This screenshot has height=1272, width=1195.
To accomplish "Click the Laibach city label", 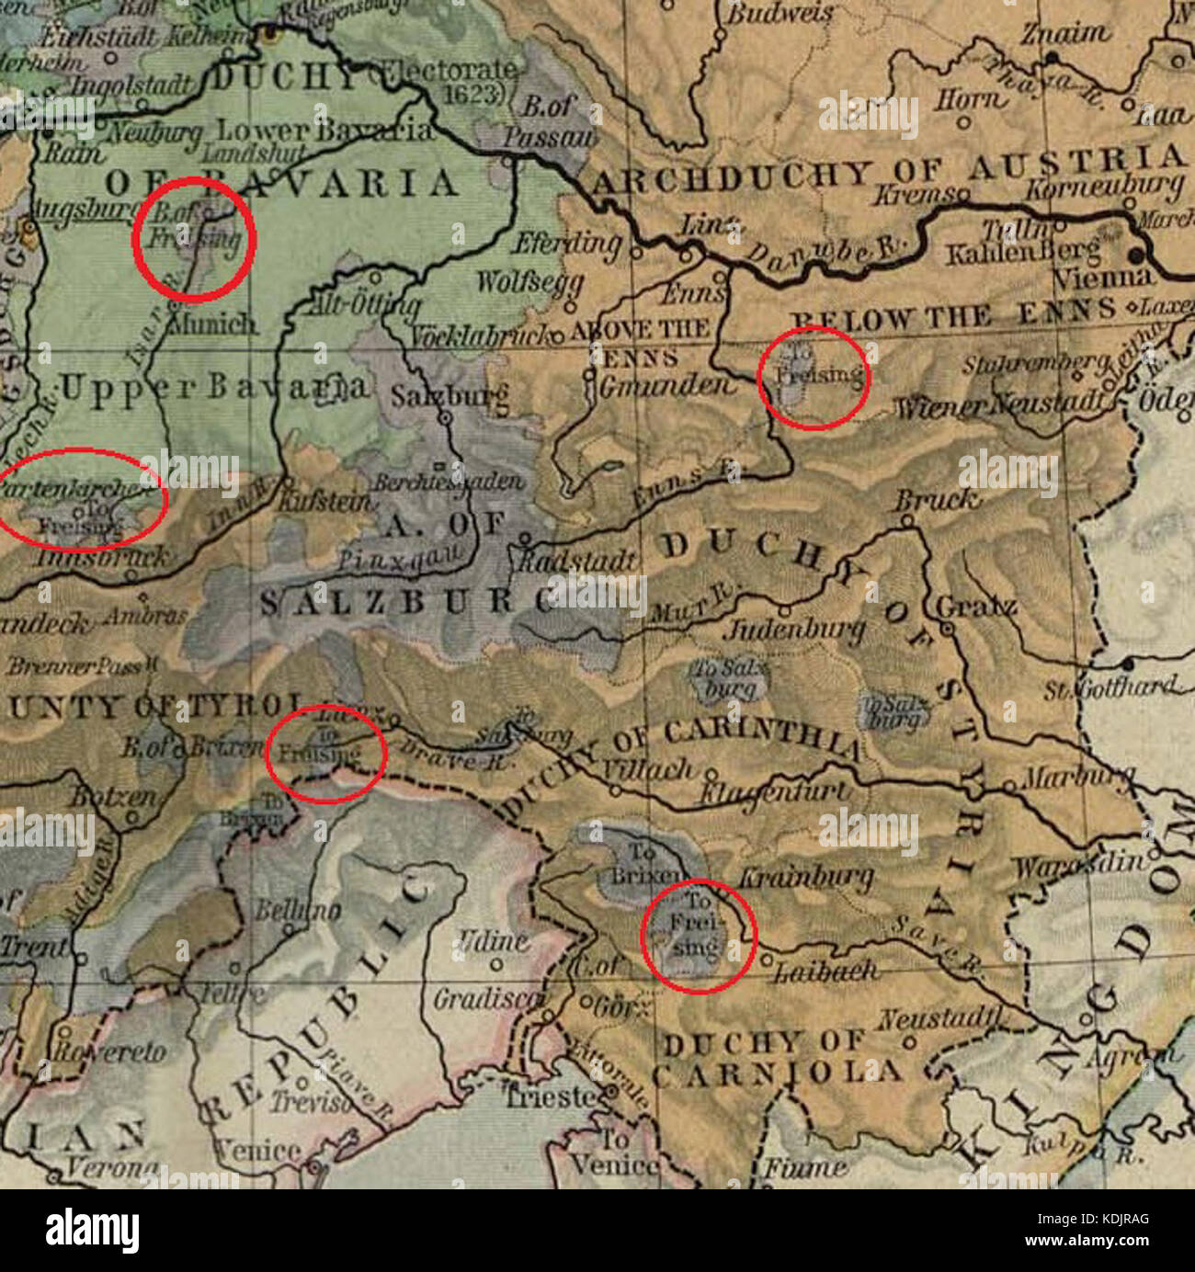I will point(826,970).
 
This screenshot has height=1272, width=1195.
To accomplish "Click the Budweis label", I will point(780,14).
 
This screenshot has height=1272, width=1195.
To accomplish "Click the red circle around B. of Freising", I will point(194,239).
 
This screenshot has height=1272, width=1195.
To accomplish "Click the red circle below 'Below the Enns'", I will point(814,377).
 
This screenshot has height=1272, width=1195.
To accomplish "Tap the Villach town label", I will point(648,767).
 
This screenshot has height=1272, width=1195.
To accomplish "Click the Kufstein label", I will point(325,502).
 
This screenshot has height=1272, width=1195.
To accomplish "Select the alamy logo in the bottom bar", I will point(93,1229).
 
